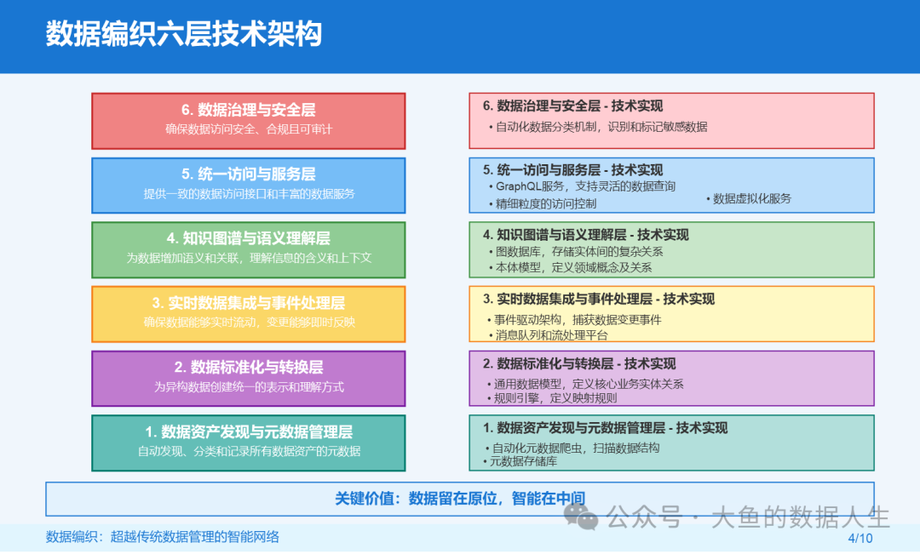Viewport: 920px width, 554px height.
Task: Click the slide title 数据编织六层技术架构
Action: pyautogui.click(x=184, y=33)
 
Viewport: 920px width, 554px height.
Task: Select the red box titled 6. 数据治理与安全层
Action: pyautogui.click(x=248, y=121)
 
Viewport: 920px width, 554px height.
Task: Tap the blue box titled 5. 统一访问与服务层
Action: pyautogui.click(x=248, y=186)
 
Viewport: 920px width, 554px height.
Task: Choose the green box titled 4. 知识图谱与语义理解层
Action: pyautogui.click(x=248, y=249)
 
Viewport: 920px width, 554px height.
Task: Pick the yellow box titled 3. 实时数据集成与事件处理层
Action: pyautogui.click(x=248, y=314)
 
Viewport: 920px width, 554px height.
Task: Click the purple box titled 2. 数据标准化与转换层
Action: pyautogui.click(x=248, y=379)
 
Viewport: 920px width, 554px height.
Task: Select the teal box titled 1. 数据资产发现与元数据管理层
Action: pyautogui.click(x=248, y=443)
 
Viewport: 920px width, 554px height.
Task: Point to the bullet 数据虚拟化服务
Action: pyautogui.click(x=749, y=199)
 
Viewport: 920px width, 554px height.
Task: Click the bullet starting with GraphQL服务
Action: pyautogui.click(x=582, y=186)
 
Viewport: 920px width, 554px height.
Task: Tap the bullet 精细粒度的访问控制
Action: pyautogui.click(x=542, y=203)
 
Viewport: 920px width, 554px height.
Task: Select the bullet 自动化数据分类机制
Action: pyautogui.click(x=598, y=127)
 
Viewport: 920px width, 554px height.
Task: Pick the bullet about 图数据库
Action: pyautogui.click(x=576, y=252)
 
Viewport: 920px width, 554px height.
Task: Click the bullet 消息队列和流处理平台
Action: pyautogui.click(x=548, y=335)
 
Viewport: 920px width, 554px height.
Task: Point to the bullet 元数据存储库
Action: pyautogui.click(x=520, y=461)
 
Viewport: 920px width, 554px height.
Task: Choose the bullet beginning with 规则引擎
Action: pyautogui.click(x=552, y=398)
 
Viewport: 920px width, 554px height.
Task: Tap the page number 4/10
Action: pyautogui.click(x=860, y=538)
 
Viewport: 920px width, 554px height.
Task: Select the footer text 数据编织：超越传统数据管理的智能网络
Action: pyautogui.click(x=163, y=536)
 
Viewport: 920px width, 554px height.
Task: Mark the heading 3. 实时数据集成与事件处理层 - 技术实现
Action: pyautogui.click(x=599, y=299)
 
